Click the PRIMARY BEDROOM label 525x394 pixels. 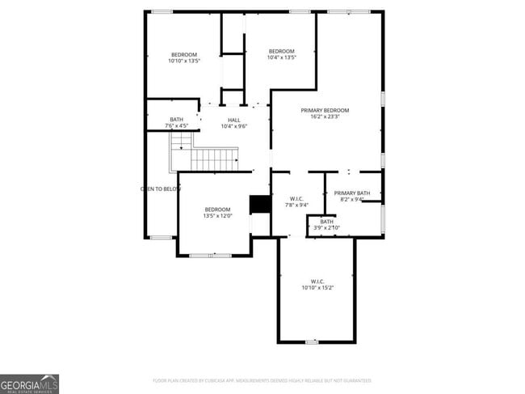[325, 110]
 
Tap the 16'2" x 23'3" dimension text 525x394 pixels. [325, 117]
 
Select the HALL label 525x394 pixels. [233, 120]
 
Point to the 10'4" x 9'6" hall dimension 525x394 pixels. [233, 126]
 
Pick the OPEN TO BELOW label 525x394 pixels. [161, 189]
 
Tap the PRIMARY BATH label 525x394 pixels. [352, 193]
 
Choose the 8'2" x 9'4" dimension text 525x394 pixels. [352, 199]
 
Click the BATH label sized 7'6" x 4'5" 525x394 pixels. [176, 120]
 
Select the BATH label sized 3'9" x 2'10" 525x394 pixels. [326, 221]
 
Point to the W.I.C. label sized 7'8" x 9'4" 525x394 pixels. [296, 198]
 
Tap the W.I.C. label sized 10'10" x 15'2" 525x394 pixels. [317, 281]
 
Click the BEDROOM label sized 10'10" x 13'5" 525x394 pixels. [183, 54]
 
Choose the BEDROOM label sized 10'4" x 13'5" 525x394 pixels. [282, 51]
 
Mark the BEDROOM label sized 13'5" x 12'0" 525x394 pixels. [216, 210]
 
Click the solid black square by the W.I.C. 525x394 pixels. [260, 204]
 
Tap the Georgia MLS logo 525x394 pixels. [30, 383]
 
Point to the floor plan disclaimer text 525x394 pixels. [262, 380]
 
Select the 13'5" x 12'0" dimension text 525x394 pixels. [216, 216]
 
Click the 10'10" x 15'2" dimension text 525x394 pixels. [317, 287]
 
